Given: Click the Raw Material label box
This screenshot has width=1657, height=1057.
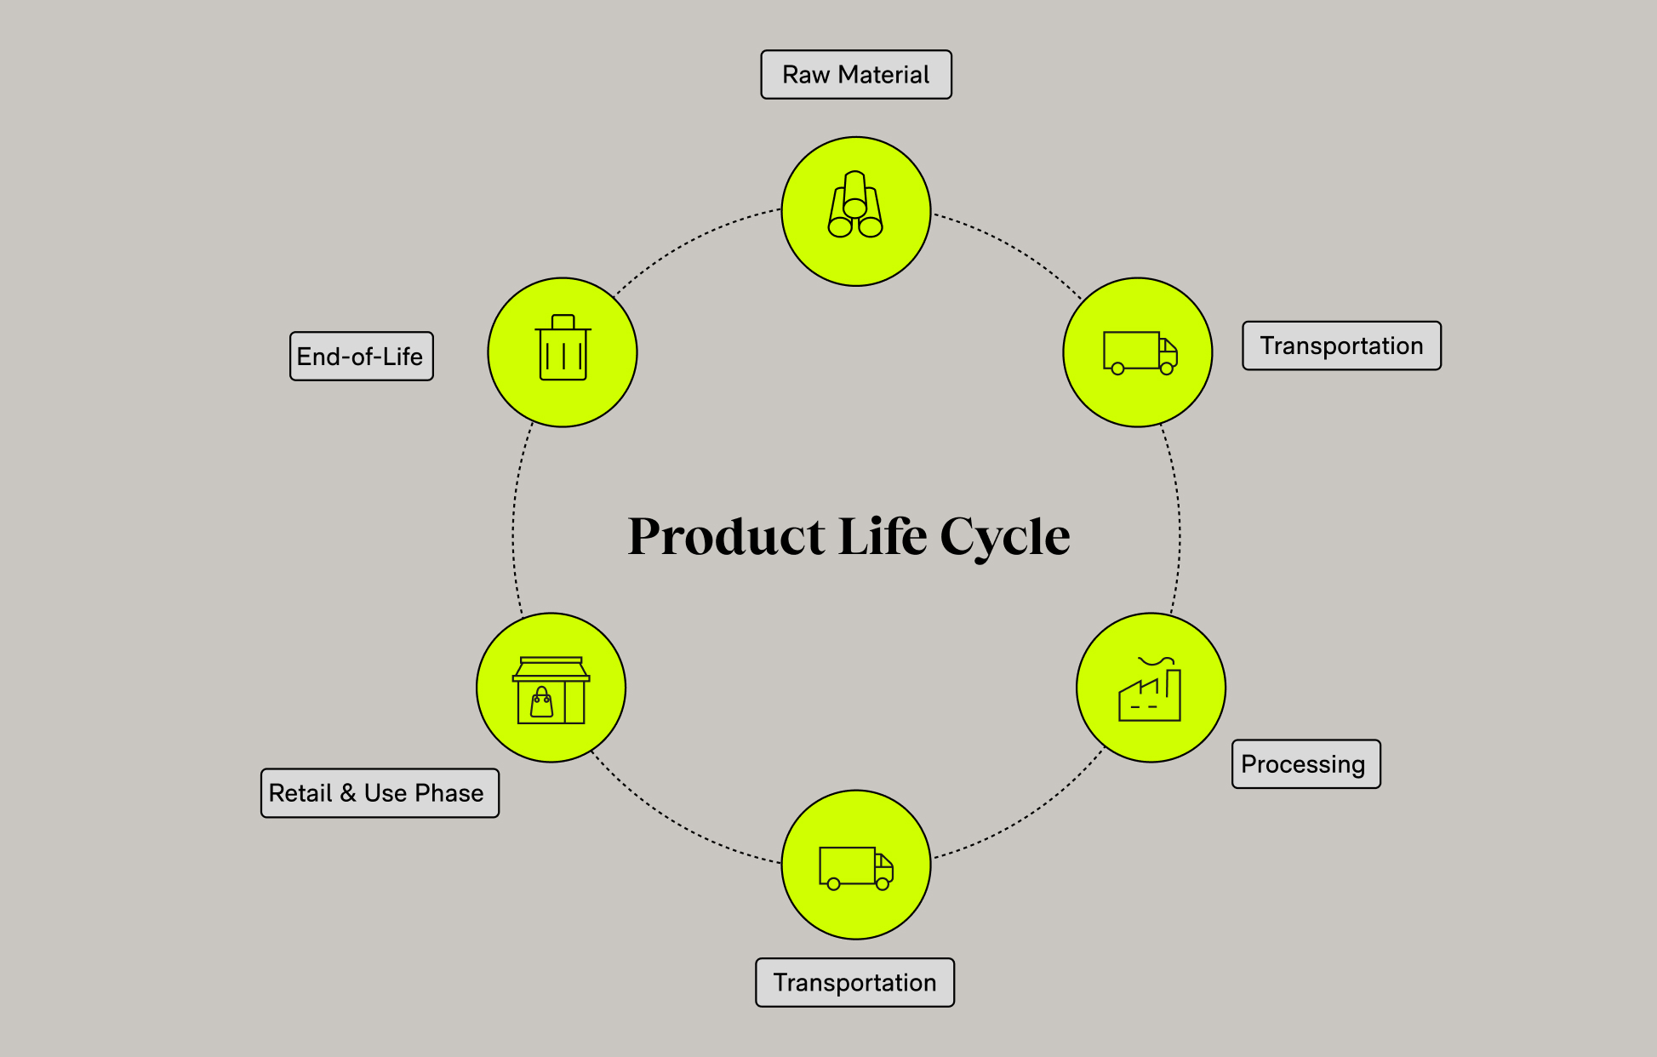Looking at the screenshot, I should [x=855, y=75].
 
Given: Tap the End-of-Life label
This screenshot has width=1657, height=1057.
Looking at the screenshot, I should [x=361, y=357].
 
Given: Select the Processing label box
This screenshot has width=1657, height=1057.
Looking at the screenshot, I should [x=1306, y=764].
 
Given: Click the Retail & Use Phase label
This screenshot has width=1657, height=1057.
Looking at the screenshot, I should [x=380, y=793].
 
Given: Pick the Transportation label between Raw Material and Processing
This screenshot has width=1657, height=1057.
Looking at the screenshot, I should [x=1341, y=346].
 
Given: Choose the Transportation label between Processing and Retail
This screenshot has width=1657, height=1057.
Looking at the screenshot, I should [x=854, y=983].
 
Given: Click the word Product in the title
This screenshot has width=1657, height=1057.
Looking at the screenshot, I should [x=726, y=537].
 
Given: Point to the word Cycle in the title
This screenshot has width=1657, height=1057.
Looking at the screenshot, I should [x=1005, y=537].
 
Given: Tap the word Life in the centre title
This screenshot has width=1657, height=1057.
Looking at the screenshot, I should [x=882, y=537].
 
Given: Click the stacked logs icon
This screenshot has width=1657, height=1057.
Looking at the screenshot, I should [x=855, y=206].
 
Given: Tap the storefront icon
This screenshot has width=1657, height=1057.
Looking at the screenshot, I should [x=551, y=690].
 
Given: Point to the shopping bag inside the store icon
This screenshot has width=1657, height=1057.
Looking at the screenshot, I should [x=541, y=703].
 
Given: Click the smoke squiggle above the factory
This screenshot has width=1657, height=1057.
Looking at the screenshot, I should [x=1156, y=660].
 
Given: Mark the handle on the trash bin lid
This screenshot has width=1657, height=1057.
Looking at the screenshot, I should [x=563, y=321].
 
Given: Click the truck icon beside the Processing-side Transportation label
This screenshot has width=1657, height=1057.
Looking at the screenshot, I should [x=855, y=867].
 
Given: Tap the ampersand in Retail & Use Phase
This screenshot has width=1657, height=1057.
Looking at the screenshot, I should [x=348, y=793].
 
